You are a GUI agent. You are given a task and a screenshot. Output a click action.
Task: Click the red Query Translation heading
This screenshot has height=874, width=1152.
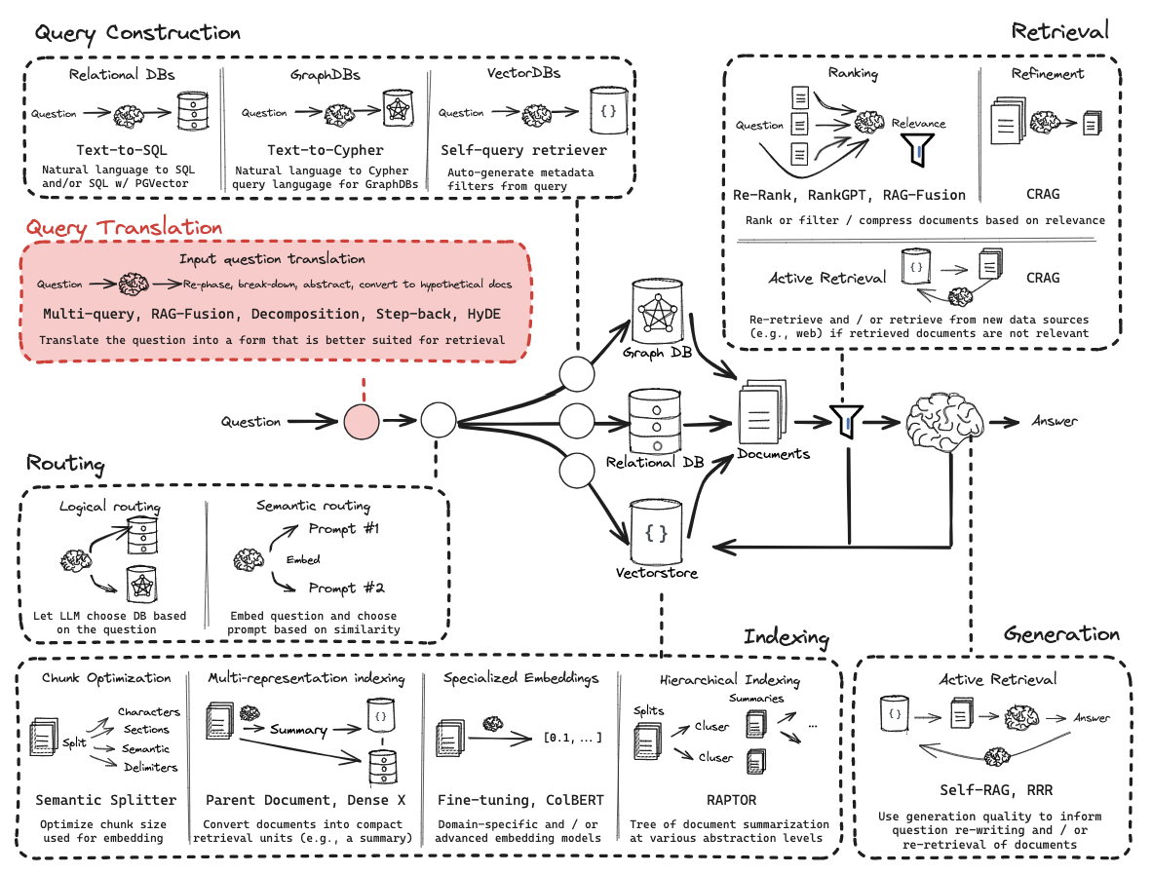pos(125,228)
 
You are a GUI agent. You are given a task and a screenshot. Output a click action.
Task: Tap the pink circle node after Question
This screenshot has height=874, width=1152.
pos(362,422)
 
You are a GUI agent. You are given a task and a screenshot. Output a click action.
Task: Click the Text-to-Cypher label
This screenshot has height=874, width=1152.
pos(326,150)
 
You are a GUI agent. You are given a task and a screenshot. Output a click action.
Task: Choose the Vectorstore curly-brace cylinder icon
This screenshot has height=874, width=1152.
pos(657,532)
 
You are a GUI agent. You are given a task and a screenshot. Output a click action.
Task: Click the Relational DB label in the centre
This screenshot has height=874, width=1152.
pos(655,462)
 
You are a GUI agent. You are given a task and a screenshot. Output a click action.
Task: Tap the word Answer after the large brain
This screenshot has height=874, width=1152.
pos(1055,421)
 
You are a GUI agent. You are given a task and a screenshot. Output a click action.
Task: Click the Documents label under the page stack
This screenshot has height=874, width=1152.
pos(773,454)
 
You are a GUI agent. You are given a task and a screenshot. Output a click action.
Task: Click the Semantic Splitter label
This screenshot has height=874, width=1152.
pos(106,800)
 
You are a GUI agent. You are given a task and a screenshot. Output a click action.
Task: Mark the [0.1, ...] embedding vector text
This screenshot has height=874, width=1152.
pos(572,737)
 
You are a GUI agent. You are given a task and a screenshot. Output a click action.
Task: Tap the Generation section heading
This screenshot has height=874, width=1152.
pos(1061,634)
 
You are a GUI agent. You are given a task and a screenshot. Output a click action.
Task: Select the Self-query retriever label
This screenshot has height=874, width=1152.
pos(523,150)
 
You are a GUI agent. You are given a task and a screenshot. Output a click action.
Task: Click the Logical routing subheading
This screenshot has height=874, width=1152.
pos(110,507)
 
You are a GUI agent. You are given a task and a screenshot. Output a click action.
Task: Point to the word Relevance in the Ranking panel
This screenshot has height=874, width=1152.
pos(918,124)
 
